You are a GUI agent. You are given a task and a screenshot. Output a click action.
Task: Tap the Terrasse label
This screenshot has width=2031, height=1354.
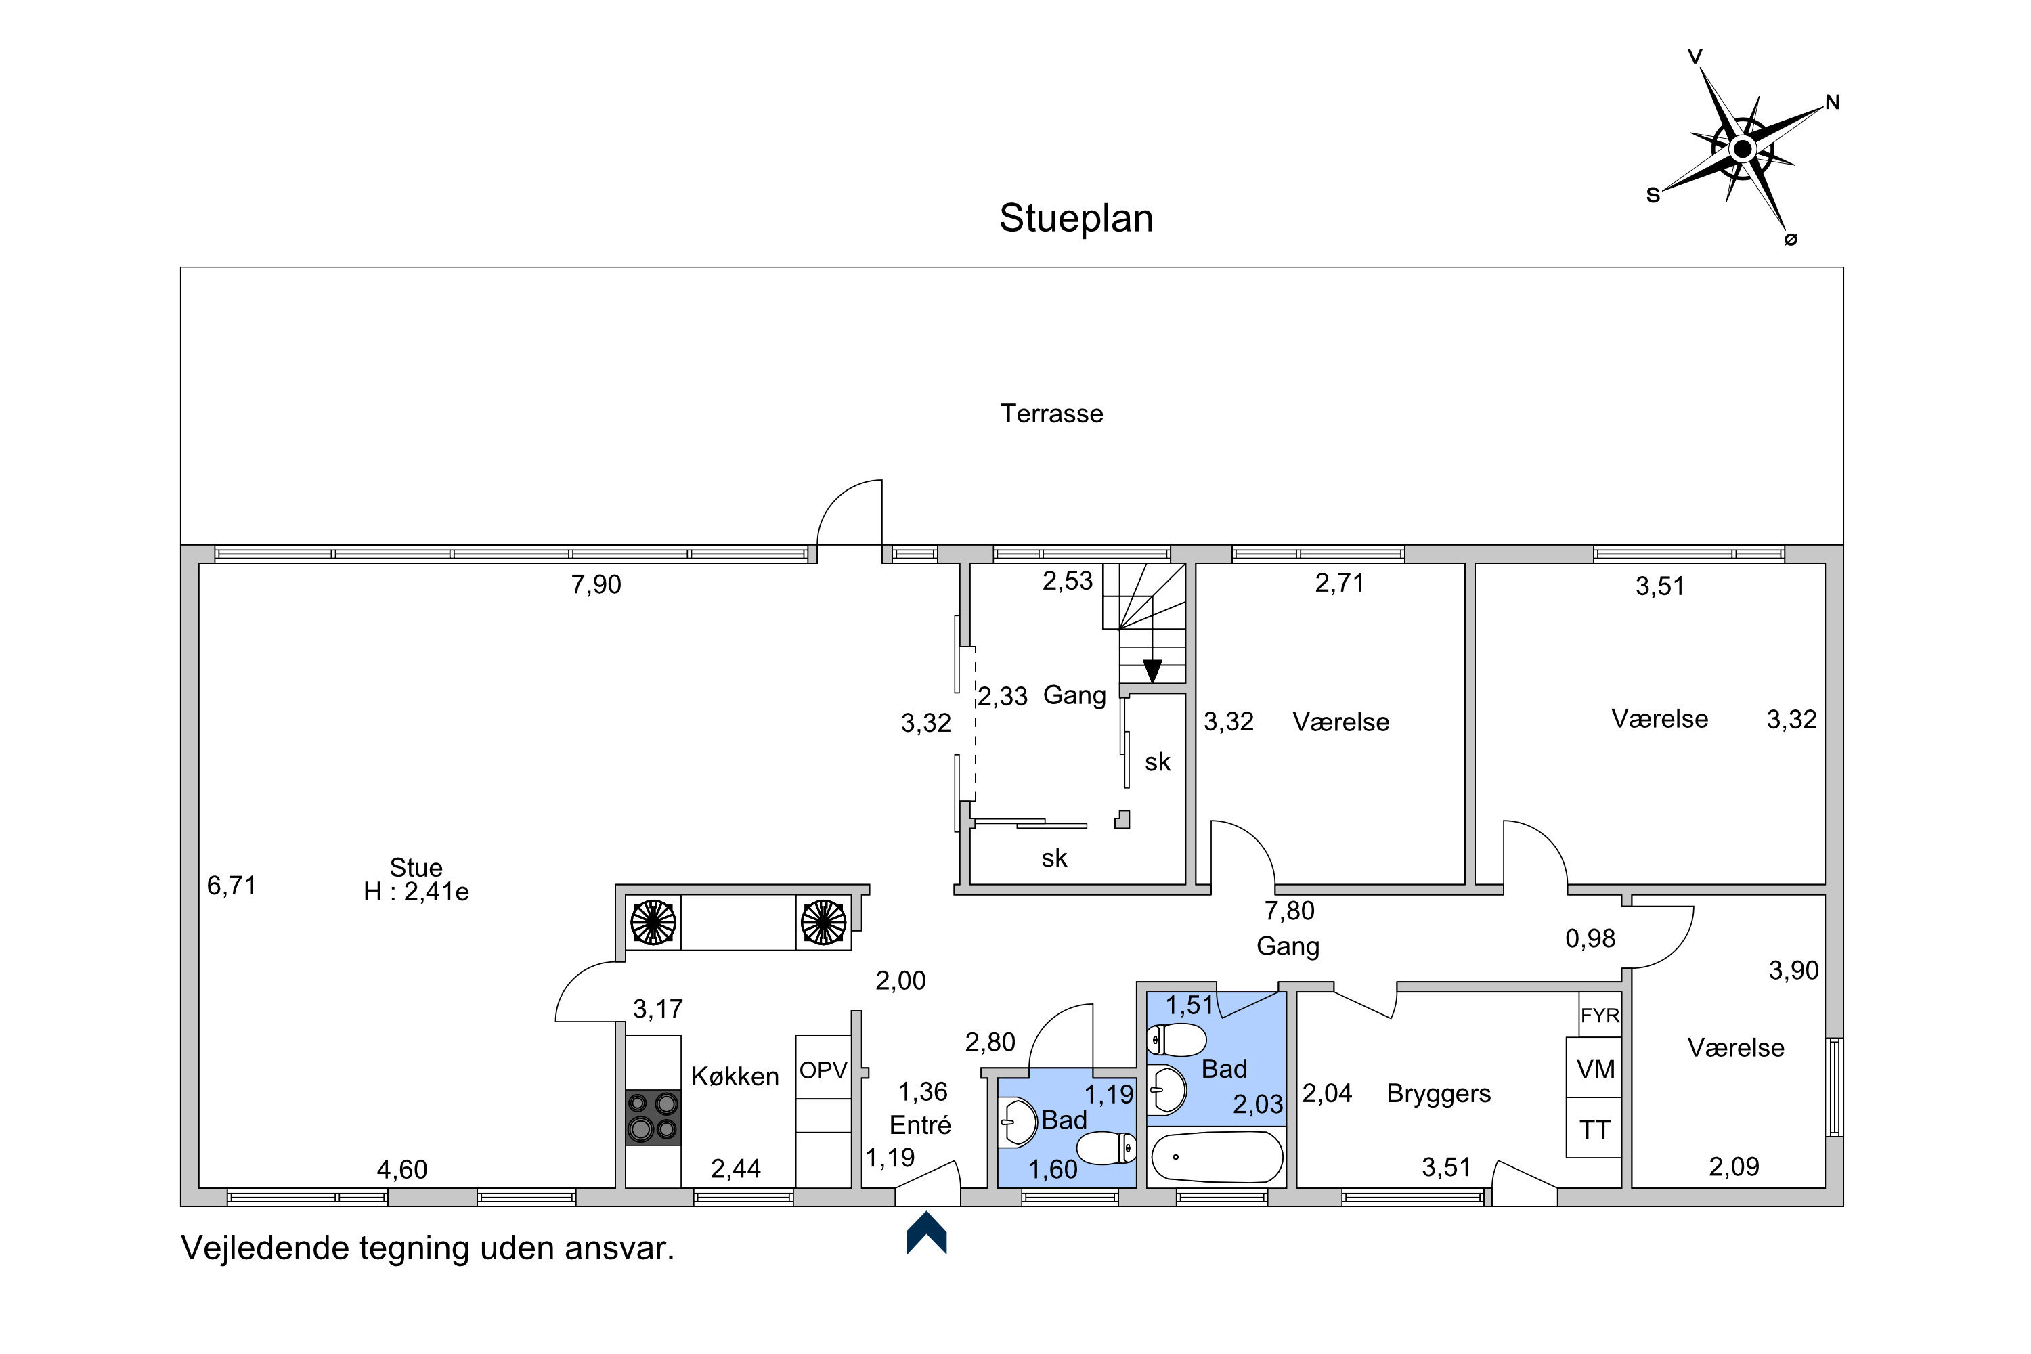coord(1052,414)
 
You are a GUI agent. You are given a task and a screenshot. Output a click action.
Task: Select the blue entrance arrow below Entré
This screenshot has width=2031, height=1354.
coord(927,1232)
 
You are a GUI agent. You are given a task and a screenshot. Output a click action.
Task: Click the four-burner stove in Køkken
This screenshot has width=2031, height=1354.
coord(653,1118)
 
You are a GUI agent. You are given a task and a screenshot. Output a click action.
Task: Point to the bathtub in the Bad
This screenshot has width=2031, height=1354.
coord(1217,1157)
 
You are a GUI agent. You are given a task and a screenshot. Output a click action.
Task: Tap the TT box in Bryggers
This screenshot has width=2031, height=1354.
coord(1594,1128)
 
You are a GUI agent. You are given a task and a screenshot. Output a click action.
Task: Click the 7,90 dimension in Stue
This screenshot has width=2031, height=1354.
coord(596,585)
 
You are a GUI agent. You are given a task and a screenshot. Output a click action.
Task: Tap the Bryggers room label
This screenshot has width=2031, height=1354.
coord(1439,1094)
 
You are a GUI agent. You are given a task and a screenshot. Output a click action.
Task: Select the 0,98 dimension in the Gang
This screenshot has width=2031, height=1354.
coord(1590,938)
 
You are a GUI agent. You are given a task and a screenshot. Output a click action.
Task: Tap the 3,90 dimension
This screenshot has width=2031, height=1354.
coord(1793,971)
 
